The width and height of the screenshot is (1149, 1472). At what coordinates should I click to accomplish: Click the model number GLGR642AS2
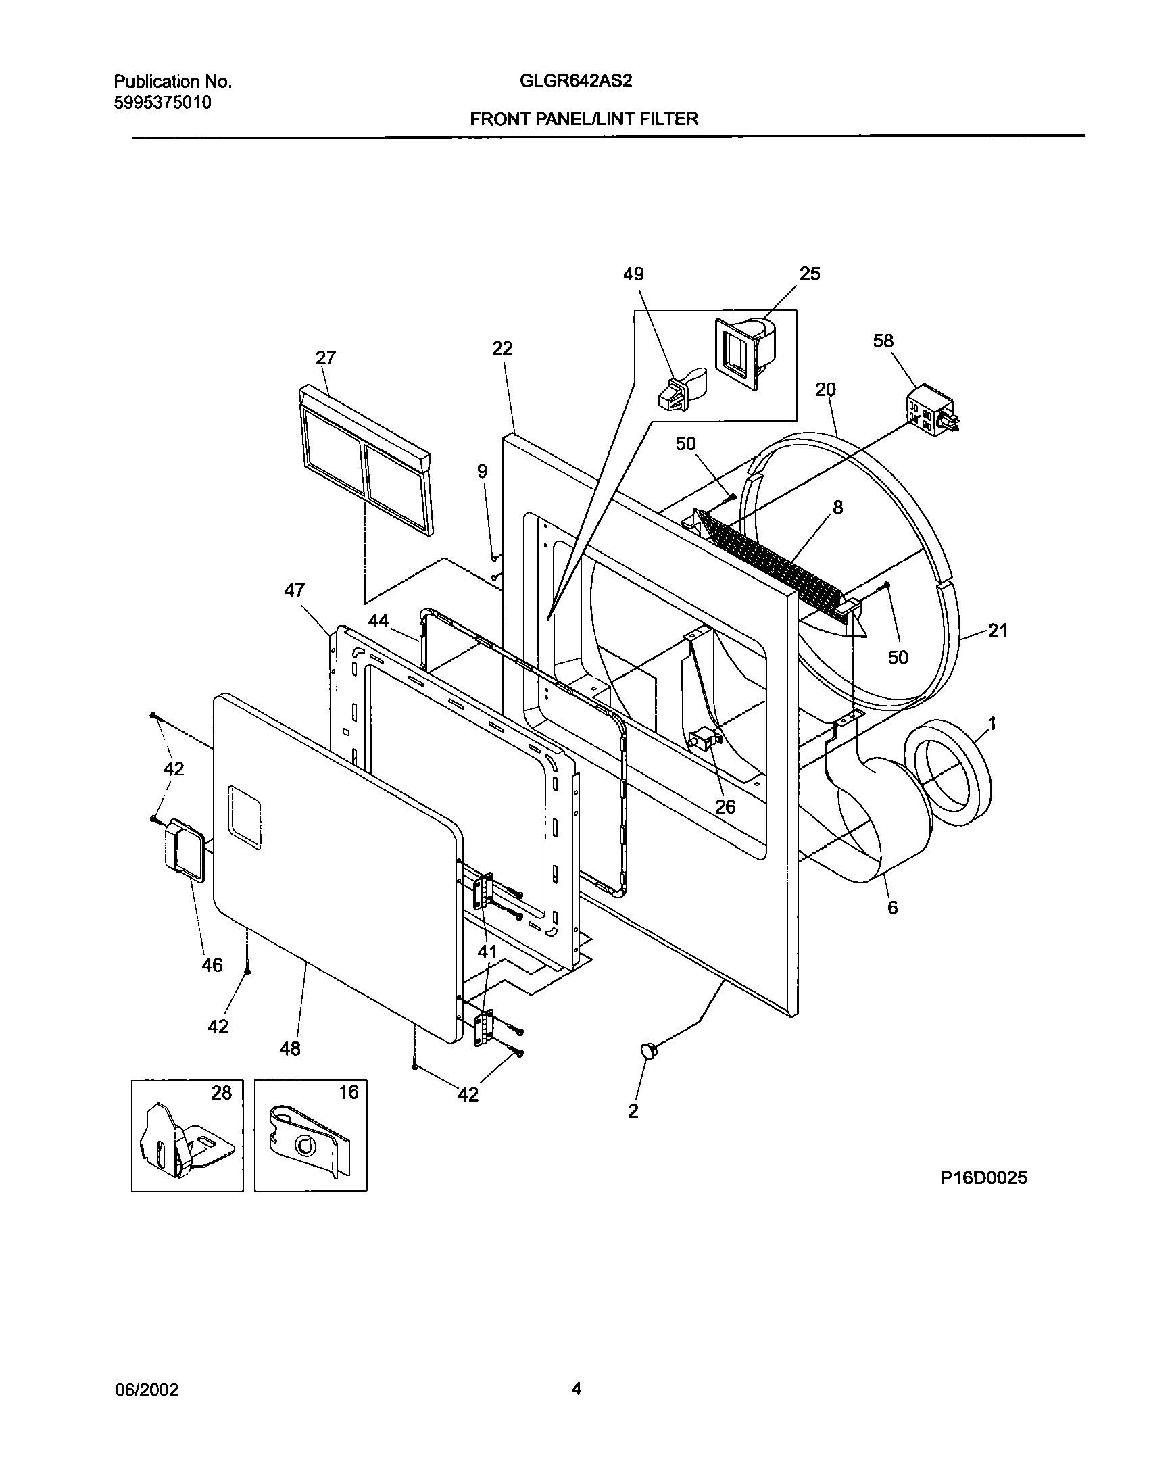575,82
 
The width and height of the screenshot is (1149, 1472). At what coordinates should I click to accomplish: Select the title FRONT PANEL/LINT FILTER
584,120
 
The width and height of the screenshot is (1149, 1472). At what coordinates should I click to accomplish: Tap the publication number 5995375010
162,103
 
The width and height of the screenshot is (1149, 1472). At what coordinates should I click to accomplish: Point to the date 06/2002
146,1390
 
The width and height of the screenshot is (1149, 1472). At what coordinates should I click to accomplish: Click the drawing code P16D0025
983,1178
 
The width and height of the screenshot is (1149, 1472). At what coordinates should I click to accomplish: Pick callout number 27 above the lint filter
326,358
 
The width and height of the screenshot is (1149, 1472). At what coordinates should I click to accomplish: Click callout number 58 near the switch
883,341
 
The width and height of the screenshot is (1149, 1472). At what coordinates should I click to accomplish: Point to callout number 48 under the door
290,1048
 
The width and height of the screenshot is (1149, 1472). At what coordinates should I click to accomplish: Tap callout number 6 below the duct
893,908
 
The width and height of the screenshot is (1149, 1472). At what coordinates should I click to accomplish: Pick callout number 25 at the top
810,274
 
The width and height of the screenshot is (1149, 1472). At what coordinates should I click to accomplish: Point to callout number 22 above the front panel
502,348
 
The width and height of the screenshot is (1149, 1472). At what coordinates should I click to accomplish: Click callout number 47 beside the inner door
294,591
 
